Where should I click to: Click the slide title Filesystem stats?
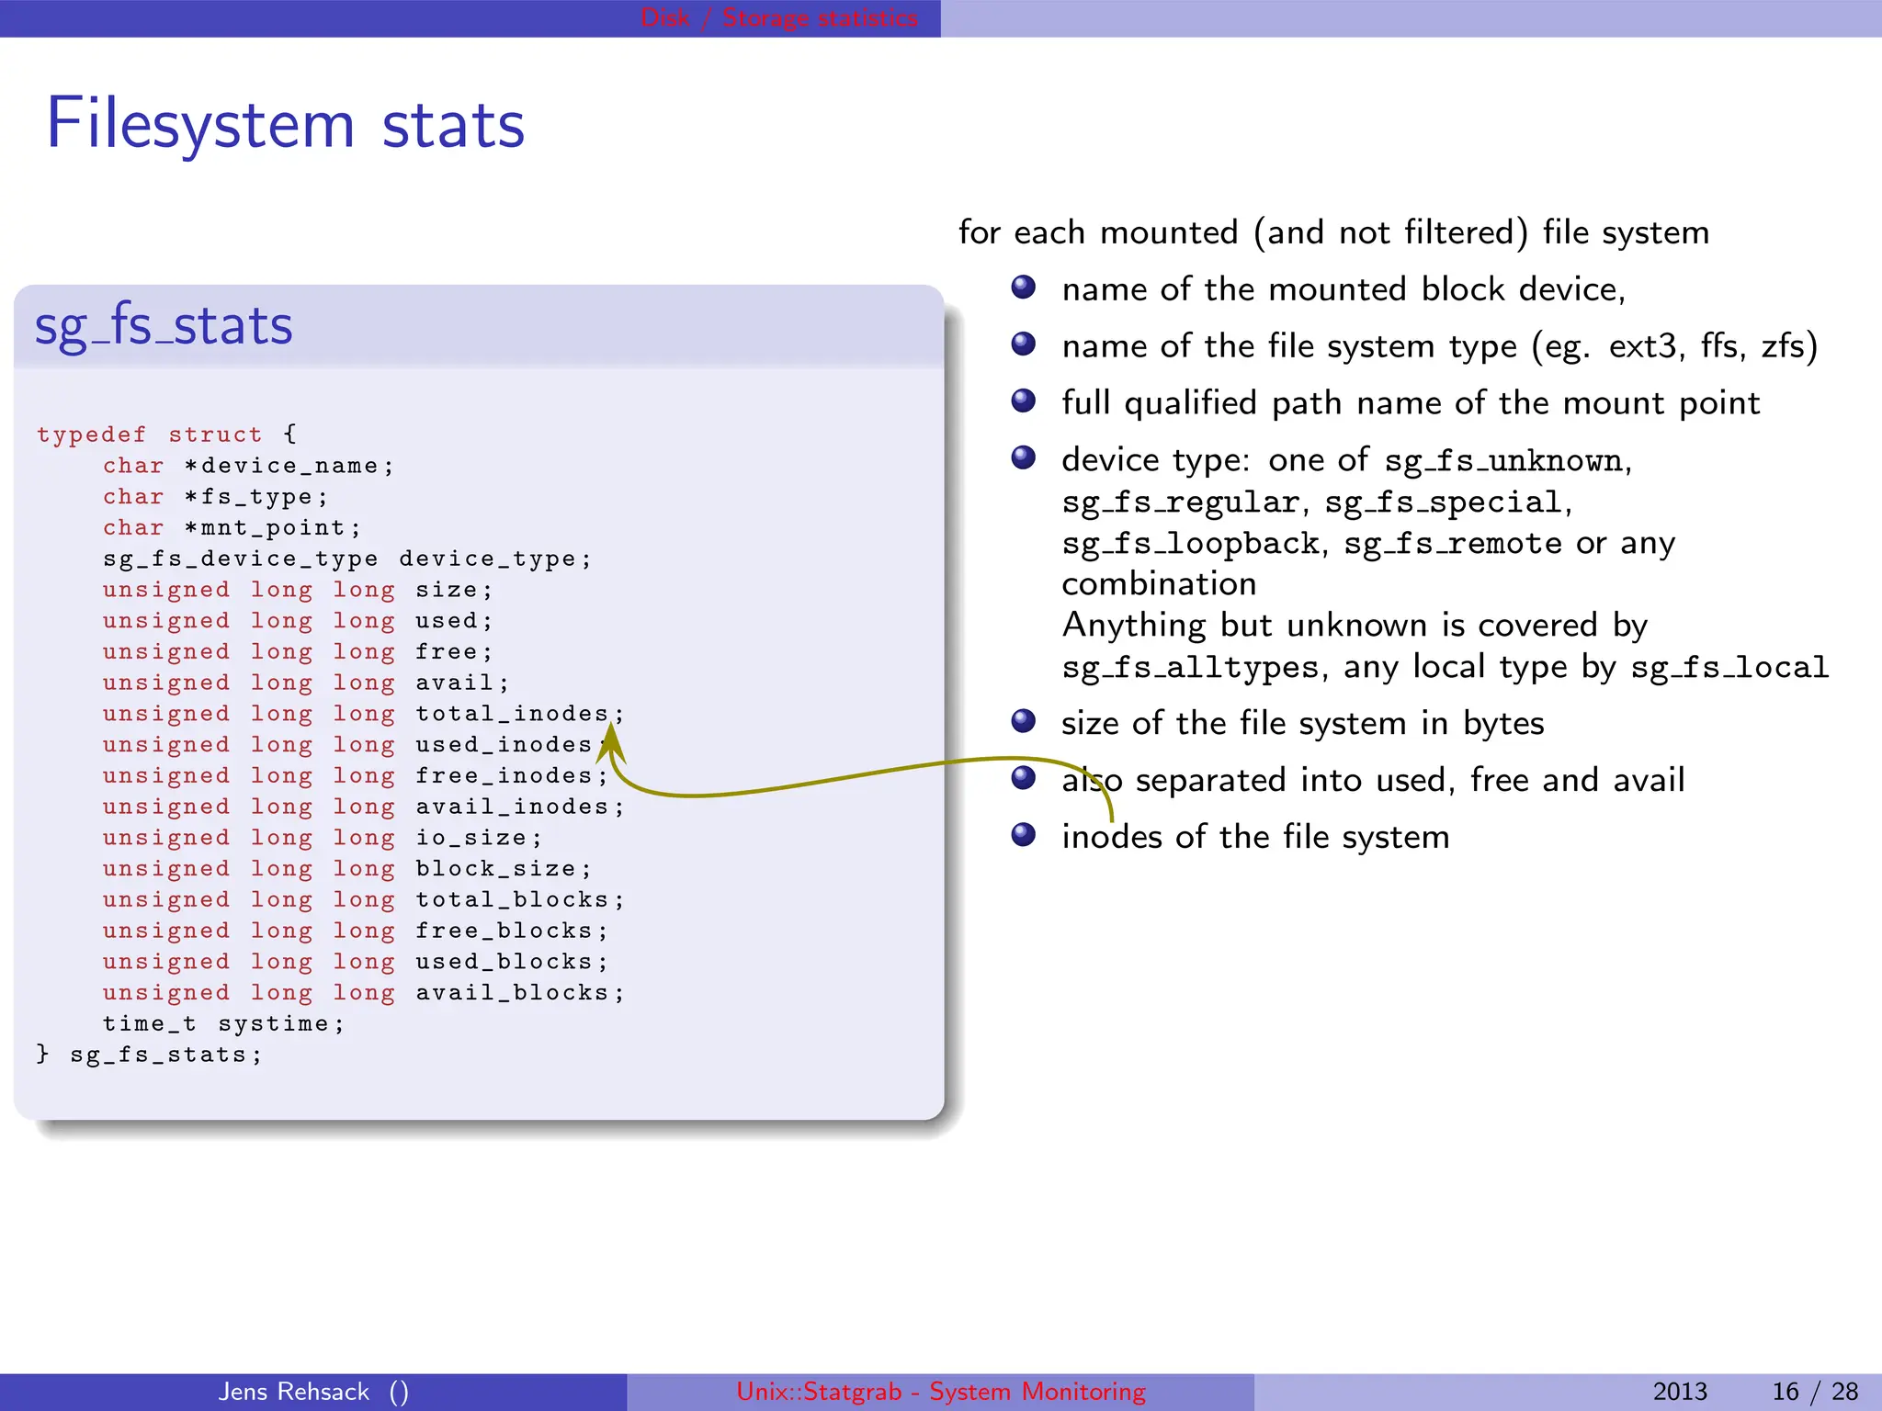click(285, 125)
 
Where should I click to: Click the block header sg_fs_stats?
click(164, 326)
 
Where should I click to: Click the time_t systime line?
click(223, 1024)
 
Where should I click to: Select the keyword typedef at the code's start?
click(91, 435)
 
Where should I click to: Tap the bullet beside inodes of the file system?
click(1023, 835)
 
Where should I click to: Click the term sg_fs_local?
click(1729, 668)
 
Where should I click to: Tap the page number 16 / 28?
click(1814, 1392)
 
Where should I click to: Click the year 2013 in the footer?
click(1680, 1392)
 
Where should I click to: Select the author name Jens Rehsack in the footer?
click(294, 1392)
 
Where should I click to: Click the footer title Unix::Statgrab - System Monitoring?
click(941, 1392)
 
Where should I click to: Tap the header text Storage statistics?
click(820, 18)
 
